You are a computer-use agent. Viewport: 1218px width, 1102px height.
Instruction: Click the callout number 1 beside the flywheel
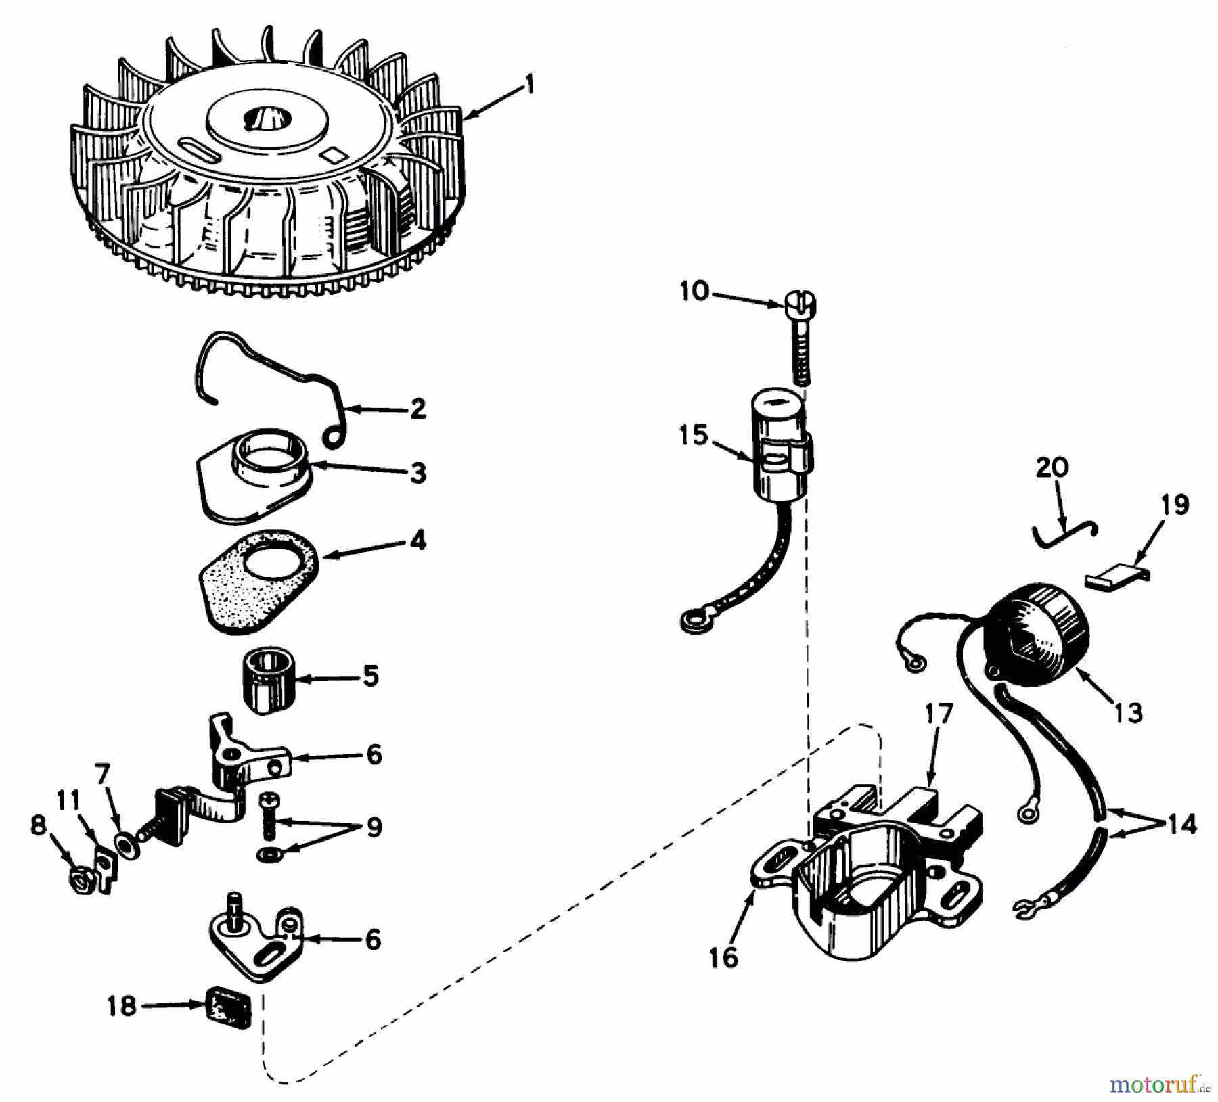click(529, 86)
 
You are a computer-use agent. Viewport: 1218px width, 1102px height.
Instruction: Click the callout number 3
click(418, 472)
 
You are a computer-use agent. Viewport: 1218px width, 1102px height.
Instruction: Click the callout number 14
click(1181, 823)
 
